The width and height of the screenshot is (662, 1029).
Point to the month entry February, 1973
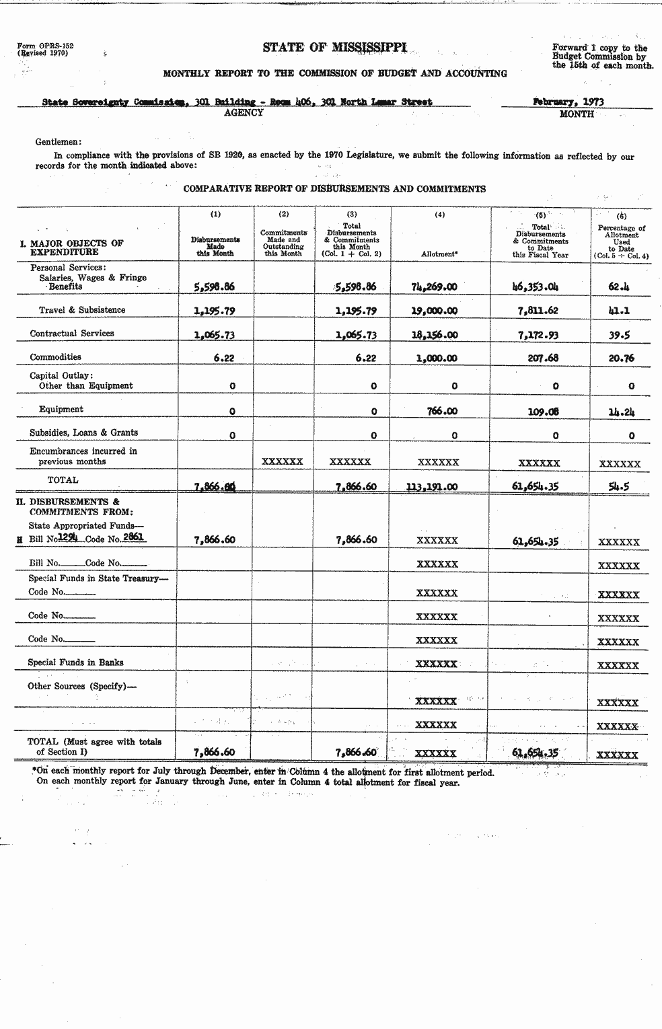pos(568,102)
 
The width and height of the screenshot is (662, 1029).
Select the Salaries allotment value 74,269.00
pos(434,287)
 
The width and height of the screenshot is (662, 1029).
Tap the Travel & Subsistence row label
pos(81,310)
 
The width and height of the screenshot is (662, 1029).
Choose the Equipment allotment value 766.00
pos(441,411)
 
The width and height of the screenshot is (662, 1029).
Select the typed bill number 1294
pos(68,537)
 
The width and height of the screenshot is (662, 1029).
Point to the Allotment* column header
pos(439,254)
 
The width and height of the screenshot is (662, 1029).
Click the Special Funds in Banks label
pos(75,662)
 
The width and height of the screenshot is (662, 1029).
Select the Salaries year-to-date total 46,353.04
pos(535,287)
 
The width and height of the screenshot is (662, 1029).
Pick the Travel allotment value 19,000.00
pos(434,311)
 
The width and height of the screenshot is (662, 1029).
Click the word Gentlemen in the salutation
pos(57,142)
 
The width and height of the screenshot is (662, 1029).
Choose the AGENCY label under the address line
pos(243,113)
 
